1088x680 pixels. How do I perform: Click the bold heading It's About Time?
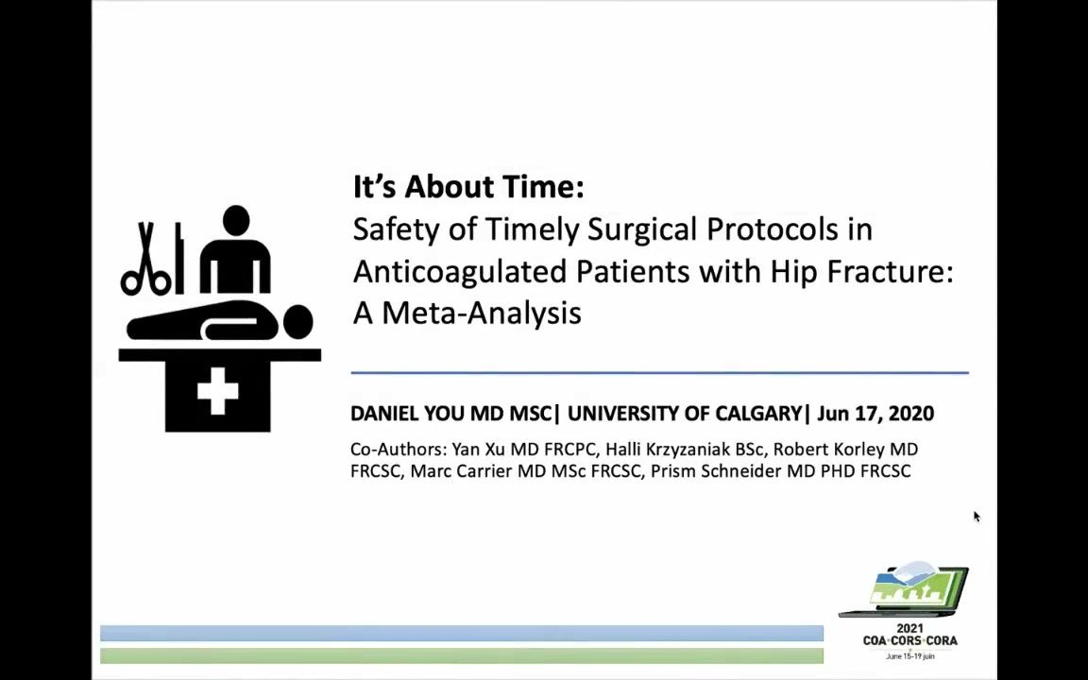pos(468,186)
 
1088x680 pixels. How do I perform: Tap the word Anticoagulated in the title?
pos(460,271)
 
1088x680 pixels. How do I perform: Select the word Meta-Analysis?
pos(482,313)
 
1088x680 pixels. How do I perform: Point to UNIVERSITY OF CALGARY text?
pos(685,414)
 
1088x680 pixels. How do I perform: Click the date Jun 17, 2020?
pos(875,414)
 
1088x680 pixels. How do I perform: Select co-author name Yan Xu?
pos(475,449)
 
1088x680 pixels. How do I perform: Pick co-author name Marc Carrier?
pos(462,471)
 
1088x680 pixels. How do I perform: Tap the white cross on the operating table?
pos(218,391)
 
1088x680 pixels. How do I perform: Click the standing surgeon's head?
pos(236,220)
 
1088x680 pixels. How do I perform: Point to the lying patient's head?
pos(297,323)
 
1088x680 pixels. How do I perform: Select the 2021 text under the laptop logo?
pos(909,629)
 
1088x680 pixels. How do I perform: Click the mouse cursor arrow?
pos(977,517)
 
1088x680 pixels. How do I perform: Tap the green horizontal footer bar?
pos(462,655)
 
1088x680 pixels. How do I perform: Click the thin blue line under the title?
pos(659,373)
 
